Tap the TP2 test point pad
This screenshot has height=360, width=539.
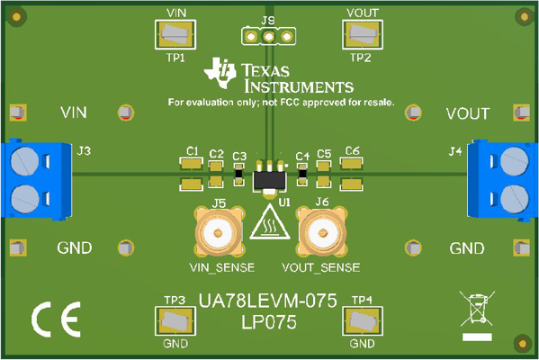pyautogui.click(x=360, y=35)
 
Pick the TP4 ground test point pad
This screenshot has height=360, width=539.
pyautogui.click(x=361, y=320)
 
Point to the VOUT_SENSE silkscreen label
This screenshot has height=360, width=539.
pyautogui.click(x=321, y=267)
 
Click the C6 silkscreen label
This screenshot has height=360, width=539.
pyautogui.click(x=352, y=150)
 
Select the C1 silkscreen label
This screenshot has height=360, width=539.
pyautogui.click(x=191, y=150)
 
